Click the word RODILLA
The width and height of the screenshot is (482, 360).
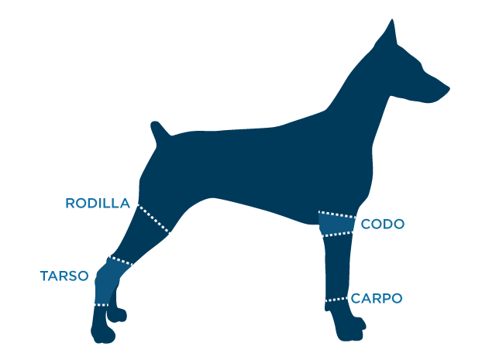98,204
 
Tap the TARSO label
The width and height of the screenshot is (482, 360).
64,276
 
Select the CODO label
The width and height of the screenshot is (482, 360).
382,225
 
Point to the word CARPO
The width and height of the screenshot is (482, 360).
377,298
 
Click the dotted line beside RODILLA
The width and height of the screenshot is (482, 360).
153,219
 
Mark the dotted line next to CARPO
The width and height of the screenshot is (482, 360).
336,299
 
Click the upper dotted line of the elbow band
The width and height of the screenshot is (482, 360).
337,214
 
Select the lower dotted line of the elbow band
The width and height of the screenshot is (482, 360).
337,234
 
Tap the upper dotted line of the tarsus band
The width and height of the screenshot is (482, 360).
121,260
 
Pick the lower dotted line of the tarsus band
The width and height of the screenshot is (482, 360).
102,305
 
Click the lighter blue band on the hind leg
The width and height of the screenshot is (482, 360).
110,282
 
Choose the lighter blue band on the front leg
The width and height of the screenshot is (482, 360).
337,224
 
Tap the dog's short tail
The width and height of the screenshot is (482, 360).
159,131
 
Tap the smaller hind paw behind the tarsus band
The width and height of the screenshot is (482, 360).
117,315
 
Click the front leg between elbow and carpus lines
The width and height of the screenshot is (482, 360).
337,266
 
